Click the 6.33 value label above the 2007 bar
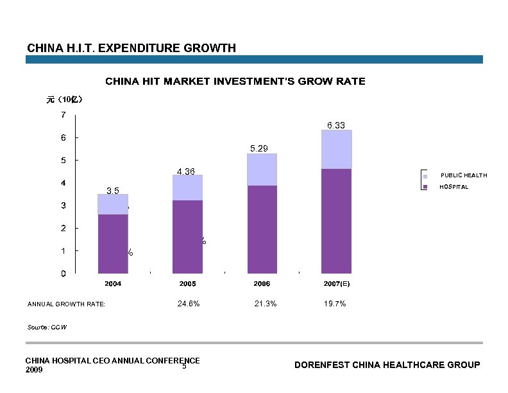point(336,125)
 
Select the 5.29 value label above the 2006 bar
point(259,148)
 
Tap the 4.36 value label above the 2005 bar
point(186,171)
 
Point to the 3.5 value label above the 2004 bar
point(113,190)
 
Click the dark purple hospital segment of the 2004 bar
point(113,244)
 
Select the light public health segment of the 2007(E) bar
point(336,150)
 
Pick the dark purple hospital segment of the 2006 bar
point(262,229)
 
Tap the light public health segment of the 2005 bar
point(187,188)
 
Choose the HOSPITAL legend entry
point(453,187)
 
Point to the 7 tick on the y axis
point(62,114)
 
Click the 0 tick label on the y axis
point(62,274)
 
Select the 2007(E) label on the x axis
point(336,283)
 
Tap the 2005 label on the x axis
point(187,283)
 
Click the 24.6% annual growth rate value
point(188,304)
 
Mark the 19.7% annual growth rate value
point(335,304)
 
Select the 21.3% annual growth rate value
point(266,304)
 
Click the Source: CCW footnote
point(47,327)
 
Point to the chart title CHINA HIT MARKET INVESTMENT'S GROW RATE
point(235,82)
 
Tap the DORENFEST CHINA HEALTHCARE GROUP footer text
point(387,365)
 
